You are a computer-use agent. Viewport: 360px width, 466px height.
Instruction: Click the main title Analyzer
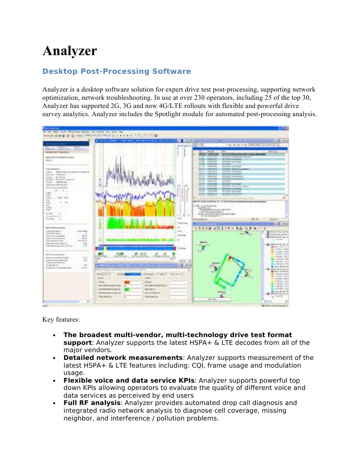click(70, 51)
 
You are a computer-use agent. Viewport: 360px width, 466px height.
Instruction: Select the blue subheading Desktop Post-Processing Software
click(117, 72)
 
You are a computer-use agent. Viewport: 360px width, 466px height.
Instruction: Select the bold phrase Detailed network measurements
click(123, 358)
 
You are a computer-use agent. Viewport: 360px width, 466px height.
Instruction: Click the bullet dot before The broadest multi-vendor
click(54, 336)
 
